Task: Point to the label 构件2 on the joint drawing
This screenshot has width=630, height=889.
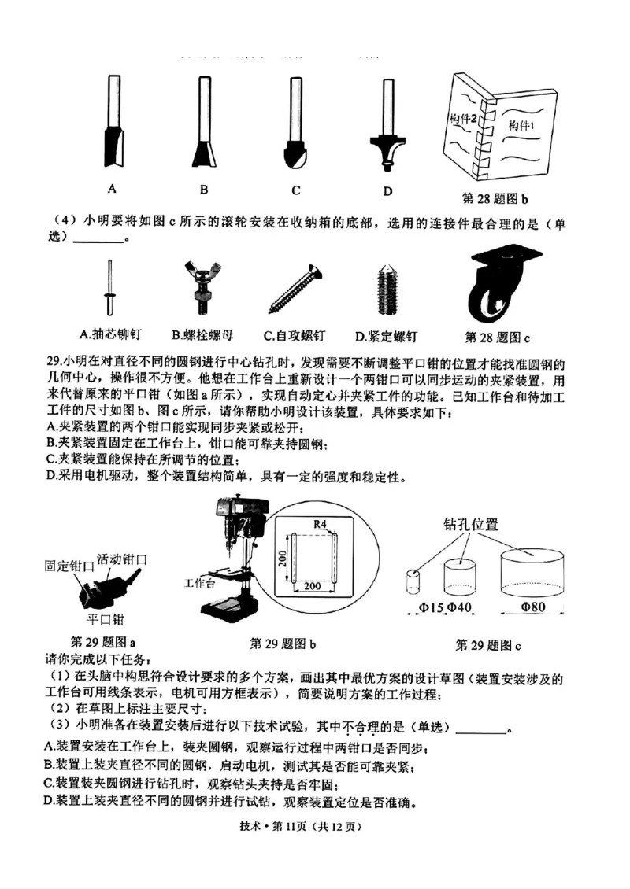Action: click(465, 118)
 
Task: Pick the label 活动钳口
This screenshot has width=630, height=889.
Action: click(122, 559)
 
